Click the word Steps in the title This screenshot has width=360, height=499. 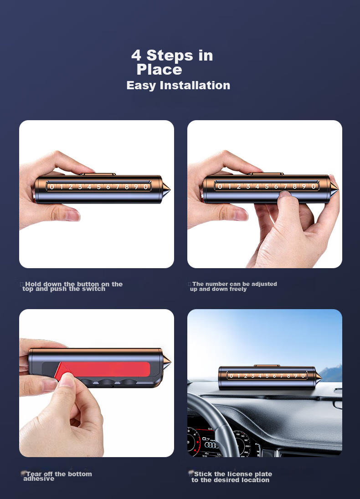tap(170, 56)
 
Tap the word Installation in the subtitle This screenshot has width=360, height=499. tap(195, 85)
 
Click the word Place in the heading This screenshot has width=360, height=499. tap(159, 69)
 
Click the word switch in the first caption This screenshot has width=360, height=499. tap(94, 289)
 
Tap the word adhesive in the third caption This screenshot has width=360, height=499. tap(39, 479)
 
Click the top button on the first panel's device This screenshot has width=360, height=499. tap(98, 174)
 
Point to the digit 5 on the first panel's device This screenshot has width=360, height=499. tap(98, 187)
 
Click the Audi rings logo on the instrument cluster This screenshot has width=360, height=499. tap(211, 445)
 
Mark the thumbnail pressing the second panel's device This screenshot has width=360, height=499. tap(285, 193)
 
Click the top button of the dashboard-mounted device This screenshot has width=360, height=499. tap(267, 366)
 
